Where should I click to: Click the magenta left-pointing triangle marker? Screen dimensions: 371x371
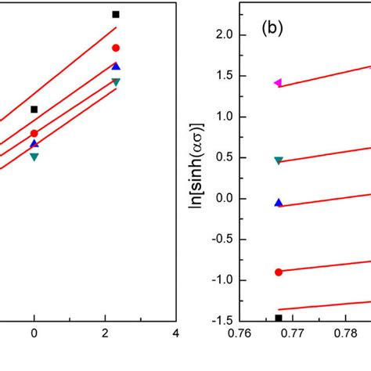(x=278, y=82)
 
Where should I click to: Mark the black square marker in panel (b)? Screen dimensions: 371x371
(x=279, y=318)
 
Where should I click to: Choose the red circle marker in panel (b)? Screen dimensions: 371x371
(x=279, y=272)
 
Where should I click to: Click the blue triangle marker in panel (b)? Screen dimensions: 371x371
(x=279, y=202)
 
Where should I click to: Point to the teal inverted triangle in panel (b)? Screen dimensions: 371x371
(x=279, y=160)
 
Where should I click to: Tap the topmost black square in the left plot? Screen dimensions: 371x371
(x=116, y=14)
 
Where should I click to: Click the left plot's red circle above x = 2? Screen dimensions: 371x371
(x=116, y=48)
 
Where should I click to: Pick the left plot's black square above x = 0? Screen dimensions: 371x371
(x=34, y=110)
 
